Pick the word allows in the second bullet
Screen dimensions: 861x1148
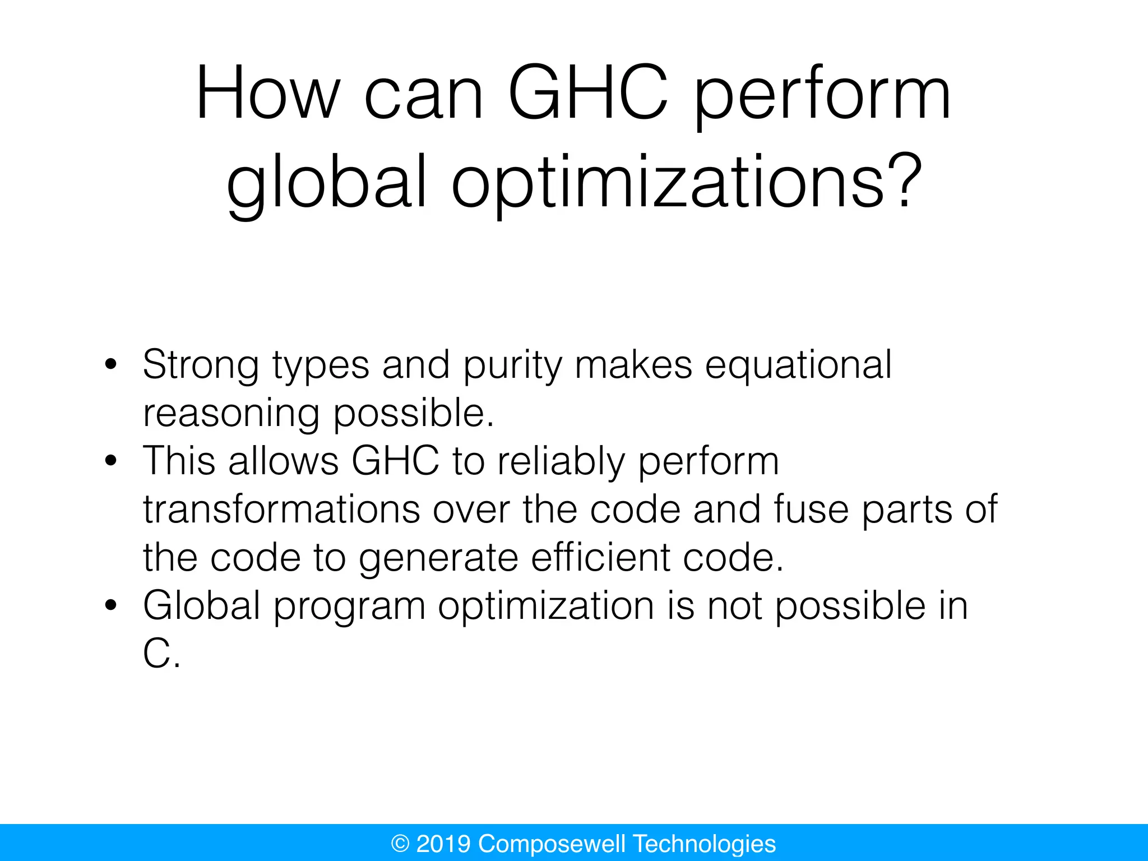pos(283,461)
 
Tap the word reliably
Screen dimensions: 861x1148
pos(561,462)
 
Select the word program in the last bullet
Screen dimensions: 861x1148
pos(349,607)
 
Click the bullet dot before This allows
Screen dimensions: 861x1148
pos(111,461)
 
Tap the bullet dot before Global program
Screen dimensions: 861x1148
pos(111,605)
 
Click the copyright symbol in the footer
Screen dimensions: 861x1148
pos(400,844)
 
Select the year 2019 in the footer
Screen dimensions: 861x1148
pos(443,844)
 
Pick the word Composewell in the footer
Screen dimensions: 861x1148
pos(552,844)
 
